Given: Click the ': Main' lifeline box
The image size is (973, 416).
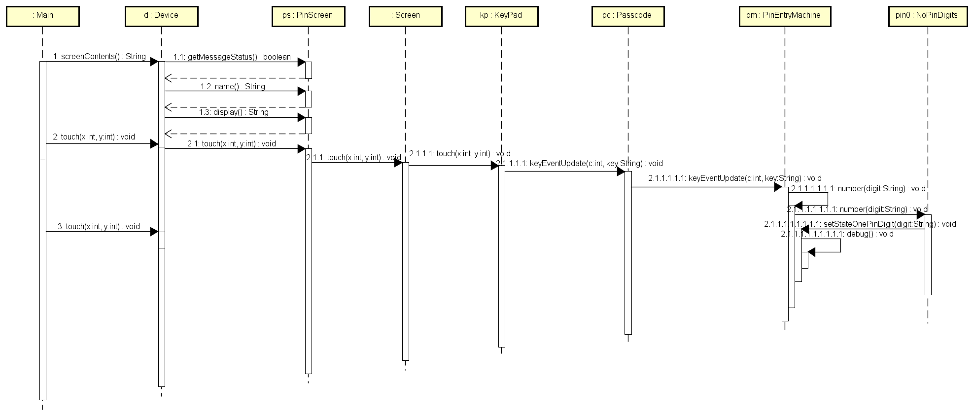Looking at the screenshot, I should [x=43, y=16].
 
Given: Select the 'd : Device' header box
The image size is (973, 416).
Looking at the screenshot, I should [x=161, y=16].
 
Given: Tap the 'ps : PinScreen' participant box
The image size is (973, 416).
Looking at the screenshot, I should [x=308, y=16].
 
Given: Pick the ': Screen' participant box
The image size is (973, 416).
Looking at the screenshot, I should [x=405, y=16].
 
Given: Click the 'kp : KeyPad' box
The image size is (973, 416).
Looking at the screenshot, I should [x=501, y=16].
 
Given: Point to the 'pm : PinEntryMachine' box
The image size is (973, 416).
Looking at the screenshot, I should [x=784, y=16].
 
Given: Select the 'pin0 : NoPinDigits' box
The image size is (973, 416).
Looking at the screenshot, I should [x=927, y=16].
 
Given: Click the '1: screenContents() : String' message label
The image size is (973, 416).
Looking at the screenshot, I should [x=99, y=56].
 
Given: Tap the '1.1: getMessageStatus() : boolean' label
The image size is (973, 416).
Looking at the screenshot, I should [x=232, y=57].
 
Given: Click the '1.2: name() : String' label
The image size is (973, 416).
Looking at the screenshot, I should [x=232, y=86].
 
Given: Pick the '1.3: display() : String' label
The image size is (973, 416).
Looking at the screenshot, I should [x=233, y=112].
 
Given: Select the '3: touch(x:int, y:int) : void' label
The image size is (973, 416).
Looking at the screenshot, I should [x=99, y=226].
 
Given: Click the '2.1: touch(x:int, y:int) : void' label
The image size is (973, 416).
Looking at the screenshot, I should [x=231, y=143].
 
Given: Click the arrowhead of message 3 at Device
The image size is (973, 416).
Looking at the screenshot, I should [x=154, y=232].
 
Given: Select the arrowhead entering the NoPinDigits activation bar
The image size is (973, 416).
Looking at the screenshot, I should [x=920, y=215].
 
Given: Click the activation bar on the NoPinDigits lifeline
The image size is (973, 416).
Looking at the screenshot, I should [x=928, y=256].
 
